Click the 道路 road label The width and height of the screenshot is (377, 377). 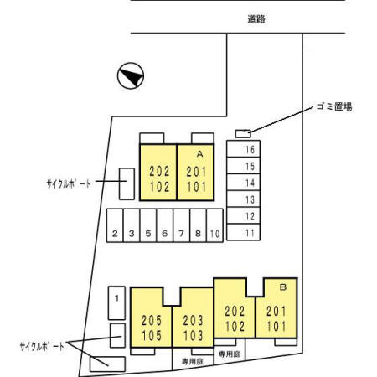coord(256,19)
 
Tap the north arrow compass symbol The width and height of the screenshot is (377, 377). coord(131,75)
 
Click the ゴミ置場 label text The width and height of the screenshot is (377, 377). coord(334,106)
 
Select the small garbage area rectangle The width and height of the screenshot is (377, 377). coord(243,134)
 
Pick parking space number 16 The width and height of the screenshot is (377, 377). coord(243,148)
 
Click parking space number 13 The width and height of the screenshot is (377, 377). coord(243,199)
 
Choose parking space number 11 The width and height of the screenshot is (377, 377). coord(243,232)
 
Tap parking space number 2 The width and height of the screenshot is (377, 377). coord(115,225)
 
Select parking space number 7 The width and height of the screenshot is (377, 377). coord(182,225)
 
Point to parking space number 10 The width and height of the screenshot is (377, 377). coord(214,225)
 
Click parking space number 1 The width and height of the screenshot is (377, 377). coord(116,303)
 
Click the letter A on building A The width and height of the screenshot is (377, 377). coord(200,154)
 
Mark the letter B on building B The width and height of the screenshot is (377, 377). coord(283,287)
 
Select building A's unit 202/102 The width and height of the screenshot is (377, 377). coord(158,173)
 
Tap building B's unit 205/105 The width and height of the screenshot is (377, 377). coord(151,318)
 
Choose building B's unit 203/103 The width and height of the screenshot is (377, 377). coord(193,318)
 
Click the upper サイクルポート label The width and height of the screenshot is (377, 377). coord(69,183)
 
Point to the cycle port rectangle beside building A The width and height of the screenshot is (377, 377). coord(127,183)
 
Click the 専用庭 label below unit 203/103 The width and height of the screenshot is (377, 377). coord(193,362)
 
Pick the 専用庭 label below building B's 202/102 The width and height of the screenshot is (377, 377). coord(230,354)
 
